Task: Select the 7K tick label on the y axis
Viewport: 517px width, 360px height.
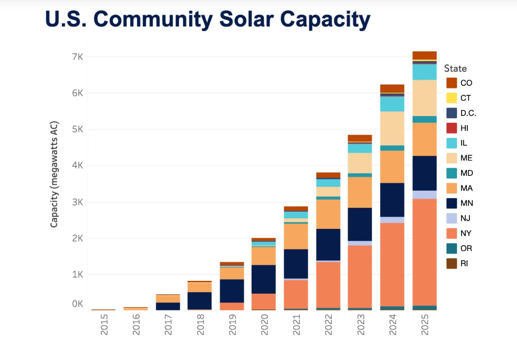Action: point(77,57)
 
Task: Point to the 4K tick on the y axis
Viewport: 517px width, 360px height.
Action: point(77,166)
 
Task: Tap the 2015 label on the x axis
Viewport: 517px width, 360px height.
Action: point(103,325)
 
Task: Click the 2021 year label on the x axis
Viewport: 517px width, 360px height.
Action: point(296,325)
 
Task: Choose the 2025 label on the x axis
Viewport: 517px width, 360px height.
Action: point(425,325)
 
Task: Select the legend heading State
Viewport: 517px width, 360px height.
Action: point(455,68)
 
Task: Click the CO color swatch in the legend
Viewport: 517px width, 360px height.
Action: point(452,83)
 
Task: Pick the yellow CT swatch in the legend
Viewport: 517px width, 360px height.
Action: point(452,98)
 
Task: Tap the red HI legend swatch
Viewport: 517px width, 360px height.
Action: point(452,128)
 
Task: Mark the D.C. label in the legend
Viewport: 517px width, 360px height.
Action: point(468,113)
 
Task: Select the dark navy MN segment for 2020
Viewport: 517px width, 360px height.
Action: point(264,279)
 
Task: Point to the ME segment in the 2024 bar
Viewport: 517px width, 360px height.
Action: point(393,128)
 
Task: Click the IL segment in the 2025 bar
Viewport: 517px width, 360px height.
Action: point(425,72)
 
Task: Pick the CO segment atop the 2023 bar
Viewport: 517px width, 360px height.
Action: point(360,138)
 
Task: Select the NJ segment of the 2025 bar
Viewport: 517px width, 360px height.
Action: point(425,194)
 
